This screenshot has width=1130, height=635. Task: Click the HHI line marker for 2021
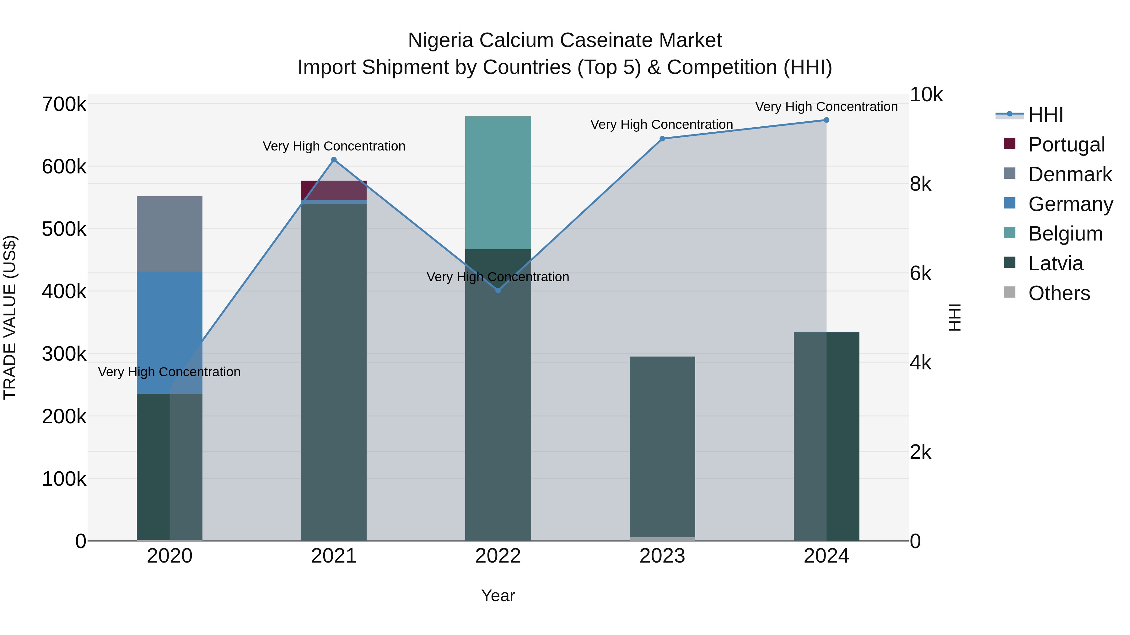334,160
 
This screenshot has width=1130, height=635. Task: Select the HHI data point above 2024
826,120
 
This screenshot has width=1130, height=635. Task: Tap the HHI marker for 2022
498,291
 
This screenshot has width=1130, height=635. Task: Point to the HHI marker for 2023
662,139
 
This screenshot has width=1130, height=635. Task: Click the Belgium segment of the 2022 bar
498,183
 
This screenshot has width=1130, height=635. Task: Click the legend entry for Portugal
1066,145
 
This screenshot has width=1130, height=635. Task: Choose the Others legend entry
1058,293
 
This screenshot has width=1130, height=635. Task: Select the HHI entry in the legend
1045,115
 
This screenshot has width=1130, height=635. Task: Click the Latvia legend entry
1055,263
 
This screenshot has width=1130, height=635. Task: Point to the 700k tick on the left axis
64,105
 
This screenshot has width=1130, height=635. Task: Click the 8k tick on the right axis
920,184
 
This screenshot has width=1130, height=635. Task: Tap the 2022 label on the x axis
498,556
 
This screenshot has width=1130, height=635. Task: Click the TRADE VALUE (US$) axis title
10,317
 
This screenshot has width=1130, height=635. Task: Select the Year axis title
498,595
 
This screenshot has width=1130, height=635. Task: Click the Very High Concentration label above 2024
826,107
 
